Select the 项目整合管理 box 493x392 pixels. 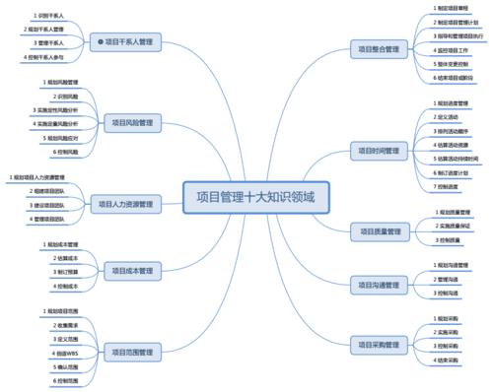pyautogui.click(x=377, y=48)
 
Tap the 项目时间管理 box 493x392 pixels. pyautogui.click(x=377, y=151)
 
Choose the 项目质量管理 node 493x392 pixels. pyautogui.click(x=377, y=230)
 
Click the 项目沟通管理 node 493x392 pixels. pyautogui.click(x=377, y=285)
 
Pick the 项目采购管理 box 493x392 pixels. pyautogui.click(x=377, y=344)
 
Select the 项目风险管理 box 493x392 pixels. pyautogui.click(x=130, y=122)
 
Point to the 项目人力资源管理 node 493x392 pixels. pyautogui.click(x=125, y=204)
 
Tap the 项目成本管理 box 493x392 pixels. pyautogui.click(x=130, y=269)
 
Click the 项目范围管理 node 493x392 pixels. pyautogui.click(x=130, y=351)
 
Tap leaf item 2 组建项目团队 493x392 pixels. pyautogui.click(x=48, y=190)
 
